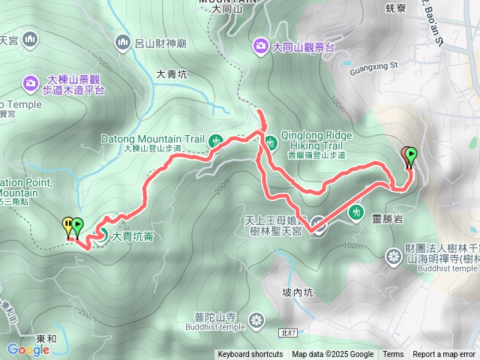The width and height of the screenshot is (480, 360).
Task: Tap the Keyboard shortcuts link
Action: coord(250,355)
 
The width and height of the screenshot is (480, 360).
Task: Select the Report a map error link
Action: coord(444,355)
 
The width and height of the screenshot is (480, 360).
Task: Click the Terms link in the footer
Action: coord(393,355)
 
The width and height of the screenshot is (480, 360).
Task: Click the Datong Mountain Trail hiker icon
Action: coord(216,139)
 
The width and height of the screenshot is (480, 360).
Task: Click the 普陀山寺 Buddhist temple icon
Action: coord(257,321)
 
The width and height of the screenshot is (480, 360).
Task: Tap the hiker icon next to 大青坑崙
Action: coord(100,237)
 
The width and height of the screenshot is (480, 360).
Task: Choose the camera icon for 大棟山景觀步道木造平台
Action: coord(31,81)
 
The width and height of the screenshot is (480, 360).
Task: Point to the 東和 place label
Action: coord(45,339)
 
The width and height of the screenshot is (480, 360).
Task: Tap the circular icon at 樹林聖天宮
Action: coord(319,226)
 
